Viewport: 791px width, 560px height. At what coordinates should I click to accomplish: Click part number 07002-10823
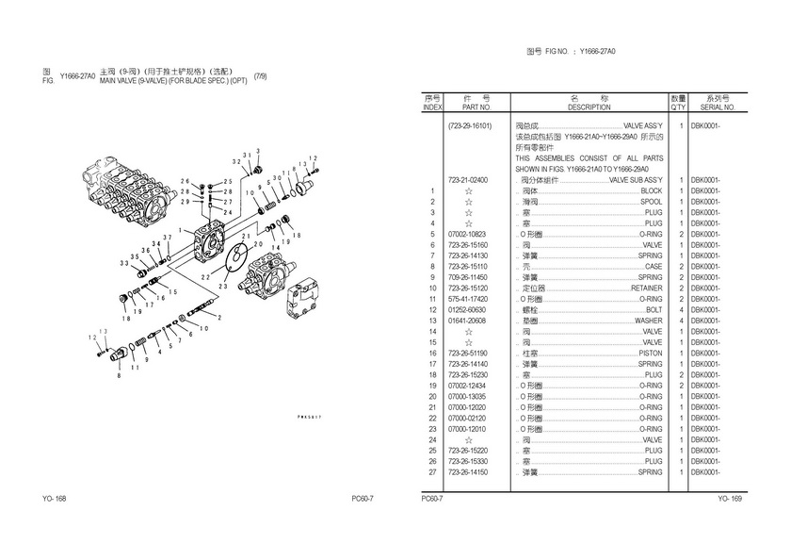coord(472,234)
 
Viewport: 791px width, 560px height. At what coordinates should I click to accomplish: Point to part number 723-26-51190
coord(472,353)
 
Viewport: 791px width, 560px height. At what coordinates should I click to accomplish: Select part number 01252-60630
coord(472,309)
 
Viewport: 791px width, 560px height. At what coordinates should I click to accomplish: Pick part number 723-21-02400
coord(472,179)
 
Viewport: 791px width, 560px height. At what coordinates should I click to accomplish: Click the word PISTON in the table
coord(650,353)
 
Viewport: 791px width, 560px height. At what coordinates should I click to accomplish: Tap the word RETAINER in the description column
coord(647,288)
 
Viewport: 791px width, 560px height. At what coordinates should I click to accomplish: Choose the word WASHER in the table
coord(649,321)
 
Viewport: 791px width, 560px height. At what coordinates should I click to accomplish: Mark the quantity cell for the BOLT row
coord(679,309)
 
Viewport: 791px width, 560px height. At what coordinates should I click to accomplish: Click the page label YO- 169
coord(730,499)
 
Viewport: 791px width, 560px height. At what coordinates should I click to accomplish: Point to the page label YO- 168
coord(55,499)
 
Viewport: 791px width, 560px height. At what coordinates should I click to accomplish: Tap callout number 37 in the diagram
coord(167,236)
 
